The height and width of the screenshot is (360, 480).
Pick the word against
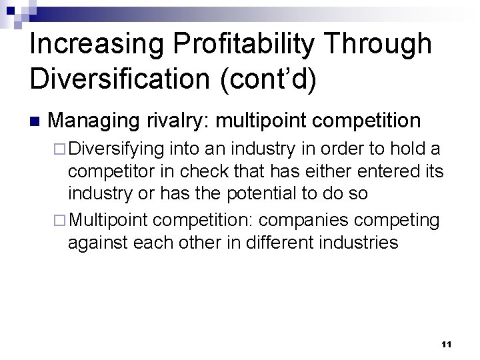point(99,242)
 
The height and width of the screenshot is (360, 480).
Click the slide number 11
point(446,344)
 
